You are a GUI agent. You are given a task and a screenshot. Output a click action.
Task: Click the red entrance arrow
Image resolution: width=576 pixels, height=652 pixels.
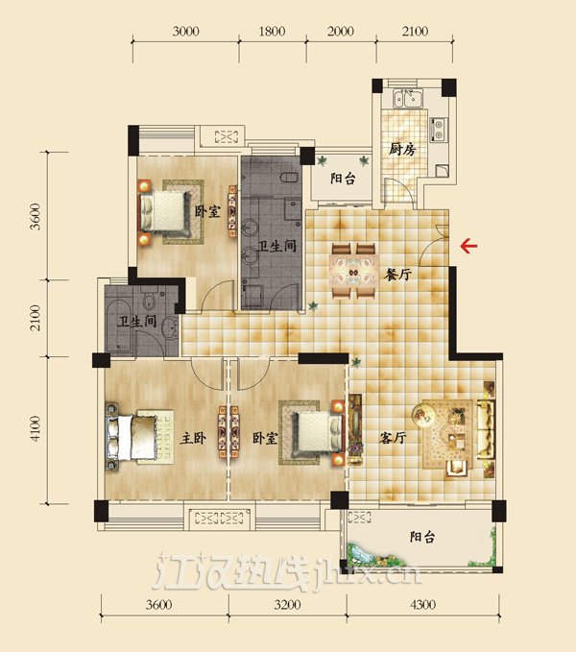468,246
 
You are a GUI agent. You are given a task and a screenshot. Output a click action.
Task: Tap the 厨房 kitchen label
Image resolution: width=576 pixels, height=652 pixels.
402,149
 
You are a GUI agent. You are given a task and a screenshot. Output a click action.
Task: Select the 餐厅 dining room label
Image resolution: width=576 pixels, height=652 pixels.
398,274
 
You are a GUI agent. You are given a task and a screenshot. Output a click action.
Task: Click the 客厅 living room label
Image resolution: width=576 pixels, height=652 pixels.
393,438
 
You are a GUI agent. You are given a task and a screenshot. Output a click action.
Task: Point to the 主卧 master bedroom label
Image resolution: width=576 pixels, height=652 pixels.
193,438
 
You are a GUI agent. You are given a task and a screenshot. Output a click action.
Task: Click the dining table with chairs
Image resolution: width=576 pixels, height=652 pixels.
353,271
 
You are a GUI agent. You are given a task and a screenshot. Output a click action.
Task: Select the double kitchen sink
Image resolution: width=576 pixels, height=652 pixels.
408,99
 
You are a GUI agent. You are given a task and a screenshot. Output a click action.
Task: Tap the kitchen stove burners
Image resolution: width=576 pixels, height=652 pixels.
439,129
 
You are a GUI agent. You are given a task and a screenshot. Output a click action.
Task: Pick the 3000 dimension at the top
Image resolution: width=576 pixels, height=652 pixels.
185,31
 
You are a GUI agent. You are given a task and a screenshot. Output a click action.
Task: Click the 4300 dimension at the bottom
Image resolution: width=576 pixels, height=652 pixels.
422,604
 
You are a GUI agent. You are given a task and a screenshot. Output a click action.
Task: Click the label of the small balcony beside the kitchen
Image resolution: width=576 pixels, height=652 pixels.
343,179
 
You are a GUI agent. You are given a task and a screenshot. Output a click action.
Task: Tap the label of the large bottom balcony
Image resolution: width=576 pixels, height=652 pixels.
422,537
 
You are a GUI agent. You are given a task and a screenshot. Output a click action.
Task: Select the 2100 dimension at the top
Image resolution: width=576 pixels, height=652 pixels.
415,31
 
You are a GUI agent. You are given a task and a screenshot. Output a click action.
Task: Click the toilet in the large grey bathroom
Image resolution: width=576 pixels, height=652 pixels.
289,177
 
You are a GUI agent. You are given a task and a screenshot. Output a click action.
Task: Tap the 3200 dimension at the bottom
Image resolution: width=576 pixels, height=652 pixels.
287,604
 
